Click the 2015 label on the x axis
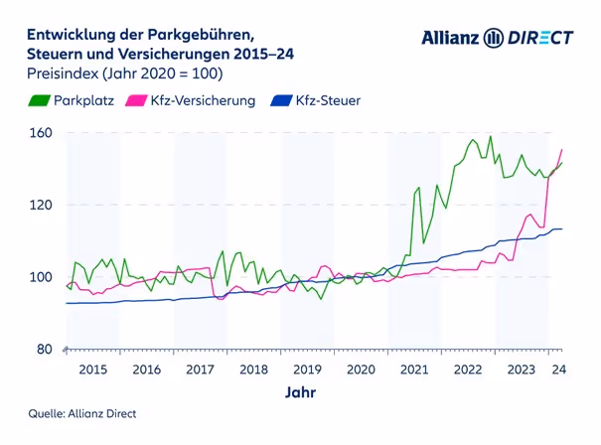92,370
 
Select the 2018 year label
253,370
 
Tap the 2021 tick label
414,370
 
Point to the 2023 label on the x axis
522,370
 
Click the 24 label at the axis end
560,370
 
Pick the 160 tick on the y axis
40,133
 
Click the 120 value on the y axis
40,205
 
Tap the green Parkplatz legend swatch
40,100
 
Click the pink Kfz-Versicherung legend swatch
136,100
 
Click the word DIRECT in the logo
540,38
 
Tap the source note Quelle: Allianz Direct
81,413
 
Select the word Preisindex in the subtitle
62,74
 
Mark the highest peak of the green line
491,137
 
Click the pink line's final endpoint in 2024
562,150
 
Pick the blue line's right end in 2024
562,229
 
